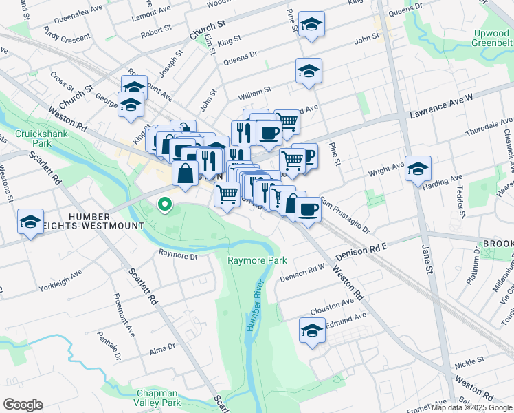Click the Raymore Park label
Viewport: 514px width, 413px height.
pyautogui.click(x=257, y=260)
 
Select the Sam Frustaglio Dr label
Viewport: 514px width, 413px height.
pyautogui.click(x=346, y=216)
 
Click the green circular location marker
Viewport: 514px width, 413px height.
pyautogui.click(x=164, y=204)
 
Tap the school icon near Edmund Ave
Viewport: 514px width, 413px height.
pyautogui.click(x=312, y=330)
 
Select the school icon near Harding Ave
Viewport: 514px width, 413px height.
pyautogui.click(x=418, y=168)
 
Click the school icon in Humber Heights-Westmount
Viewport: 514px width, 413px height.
pyautogui.click(x=30, y=221)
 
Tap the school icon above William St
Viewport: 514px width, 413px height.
pyautogui.click(x=309, y=70)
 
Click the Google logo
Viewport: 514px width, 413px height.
pyautogui.click(x=23, y=405)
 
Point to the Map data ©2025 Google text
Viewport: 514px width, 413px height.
pyautogui.click(x=471, y=407)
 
